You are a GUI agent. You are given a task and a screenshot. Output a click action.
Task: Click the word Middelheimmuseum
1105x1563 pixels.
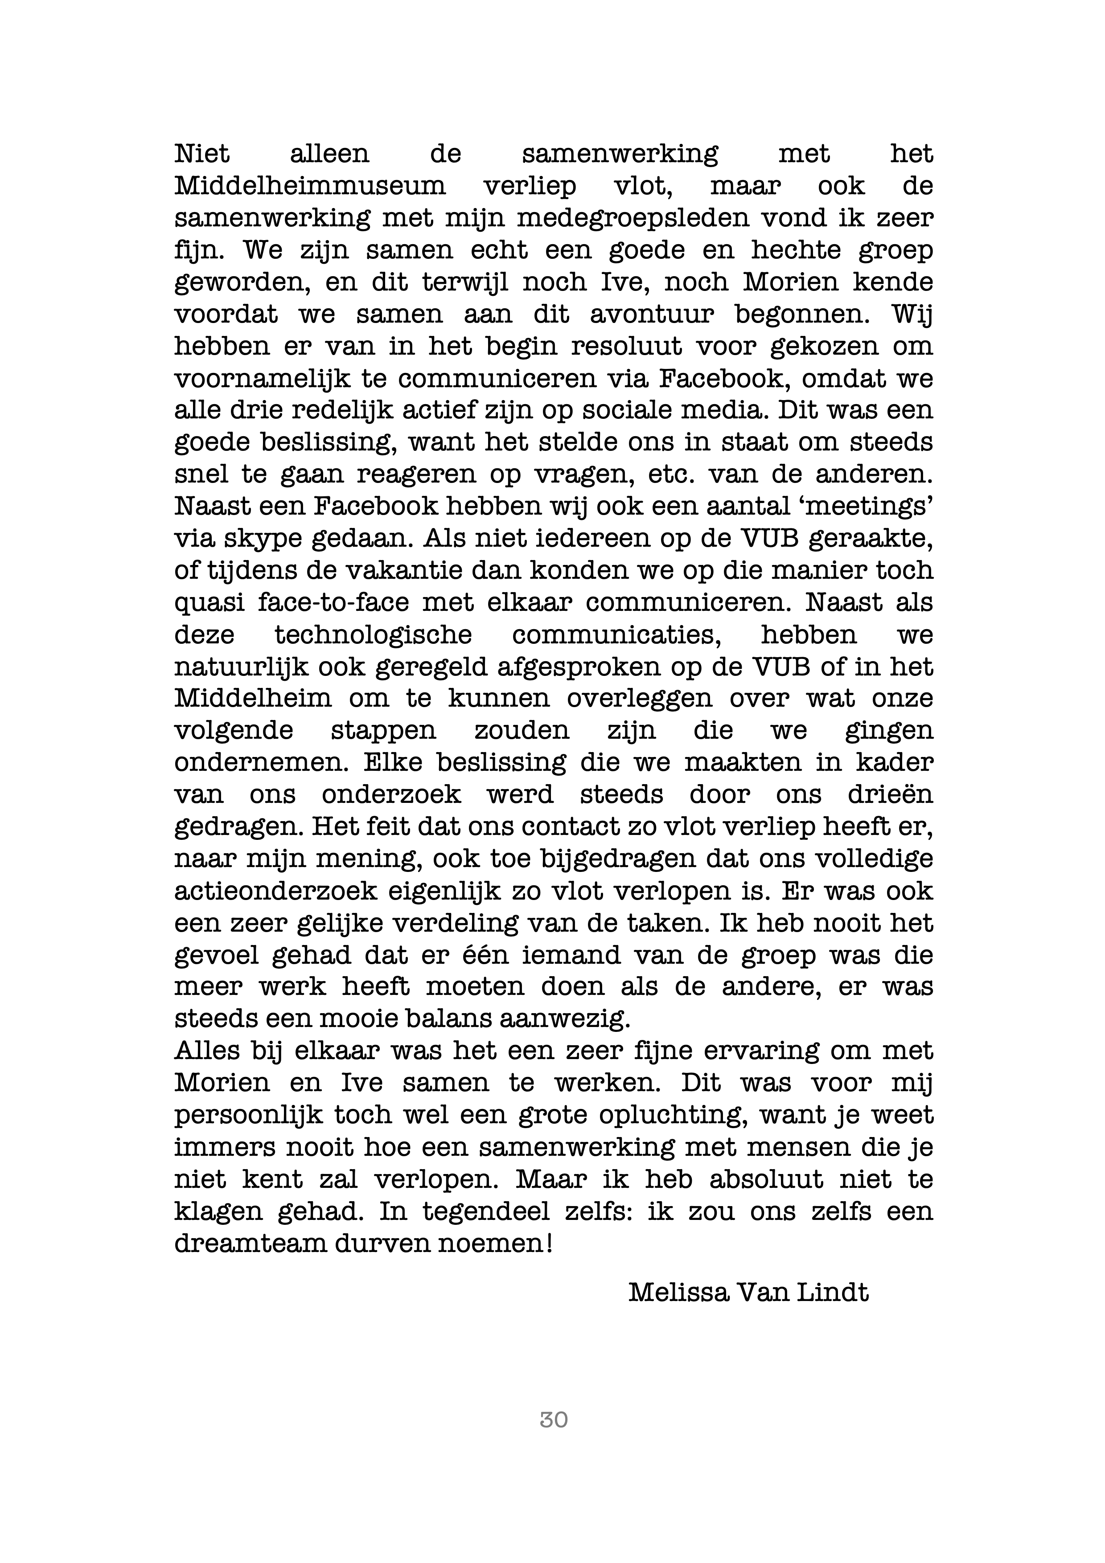point(310,186)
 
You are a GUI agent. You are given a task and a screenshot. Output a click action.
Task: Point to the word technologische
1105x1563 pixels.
point(373,634)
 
